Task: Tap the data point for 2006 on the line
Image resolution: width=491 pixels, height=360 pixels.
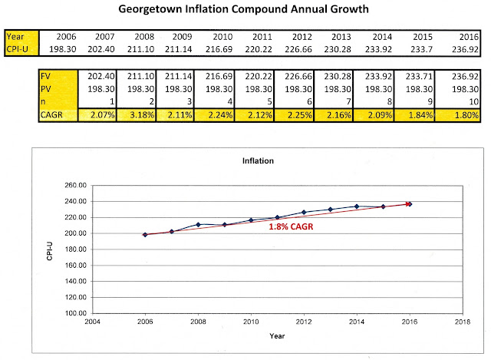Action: point(144,234)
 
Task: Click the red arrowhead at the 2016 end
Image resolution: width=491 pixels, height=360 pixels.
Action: point(407,203)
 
